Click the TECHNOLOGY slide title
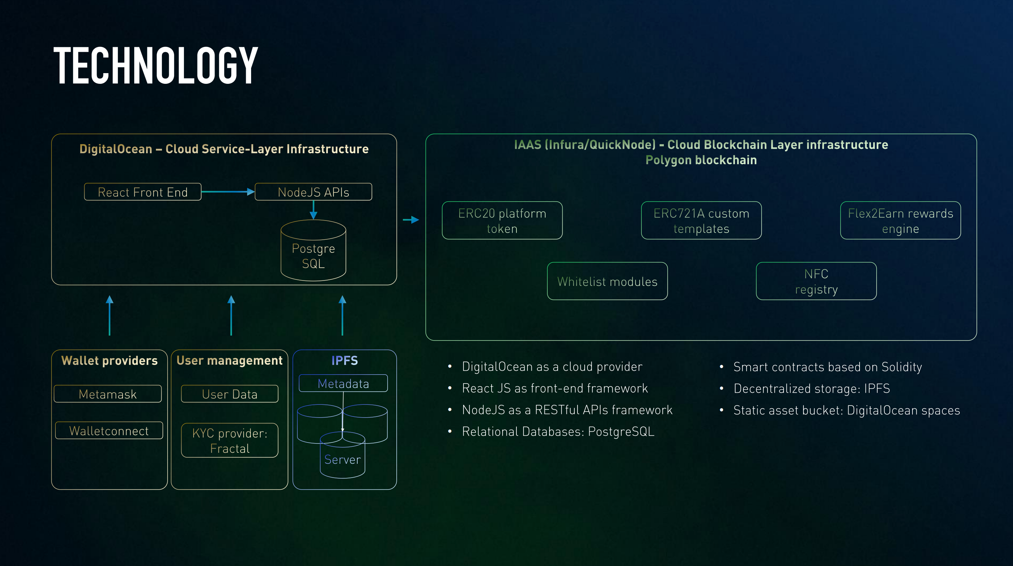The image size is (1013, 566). [156, 65]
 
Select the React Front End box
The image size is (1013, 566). [142, 192]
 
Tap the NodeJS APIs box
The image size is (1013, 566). [313, 192]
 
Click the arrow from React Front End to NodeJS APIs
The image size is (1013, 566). [228, 192]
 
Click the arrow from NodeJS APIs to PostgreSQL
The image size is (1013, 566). [313, 210]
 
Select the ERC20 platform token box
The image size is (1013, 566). [502, 221]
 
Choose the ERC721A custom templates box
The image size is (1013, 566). [701, 221]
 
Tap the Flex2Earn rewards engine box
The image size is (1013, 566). [900, 221]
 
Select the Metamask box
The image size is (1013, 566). [107, 394]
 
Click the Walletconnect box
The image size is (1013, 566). [109, 430]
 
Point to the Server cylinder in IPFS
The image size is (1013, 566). [342, 458]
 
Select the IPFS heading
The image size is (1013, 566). [345, 360]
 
